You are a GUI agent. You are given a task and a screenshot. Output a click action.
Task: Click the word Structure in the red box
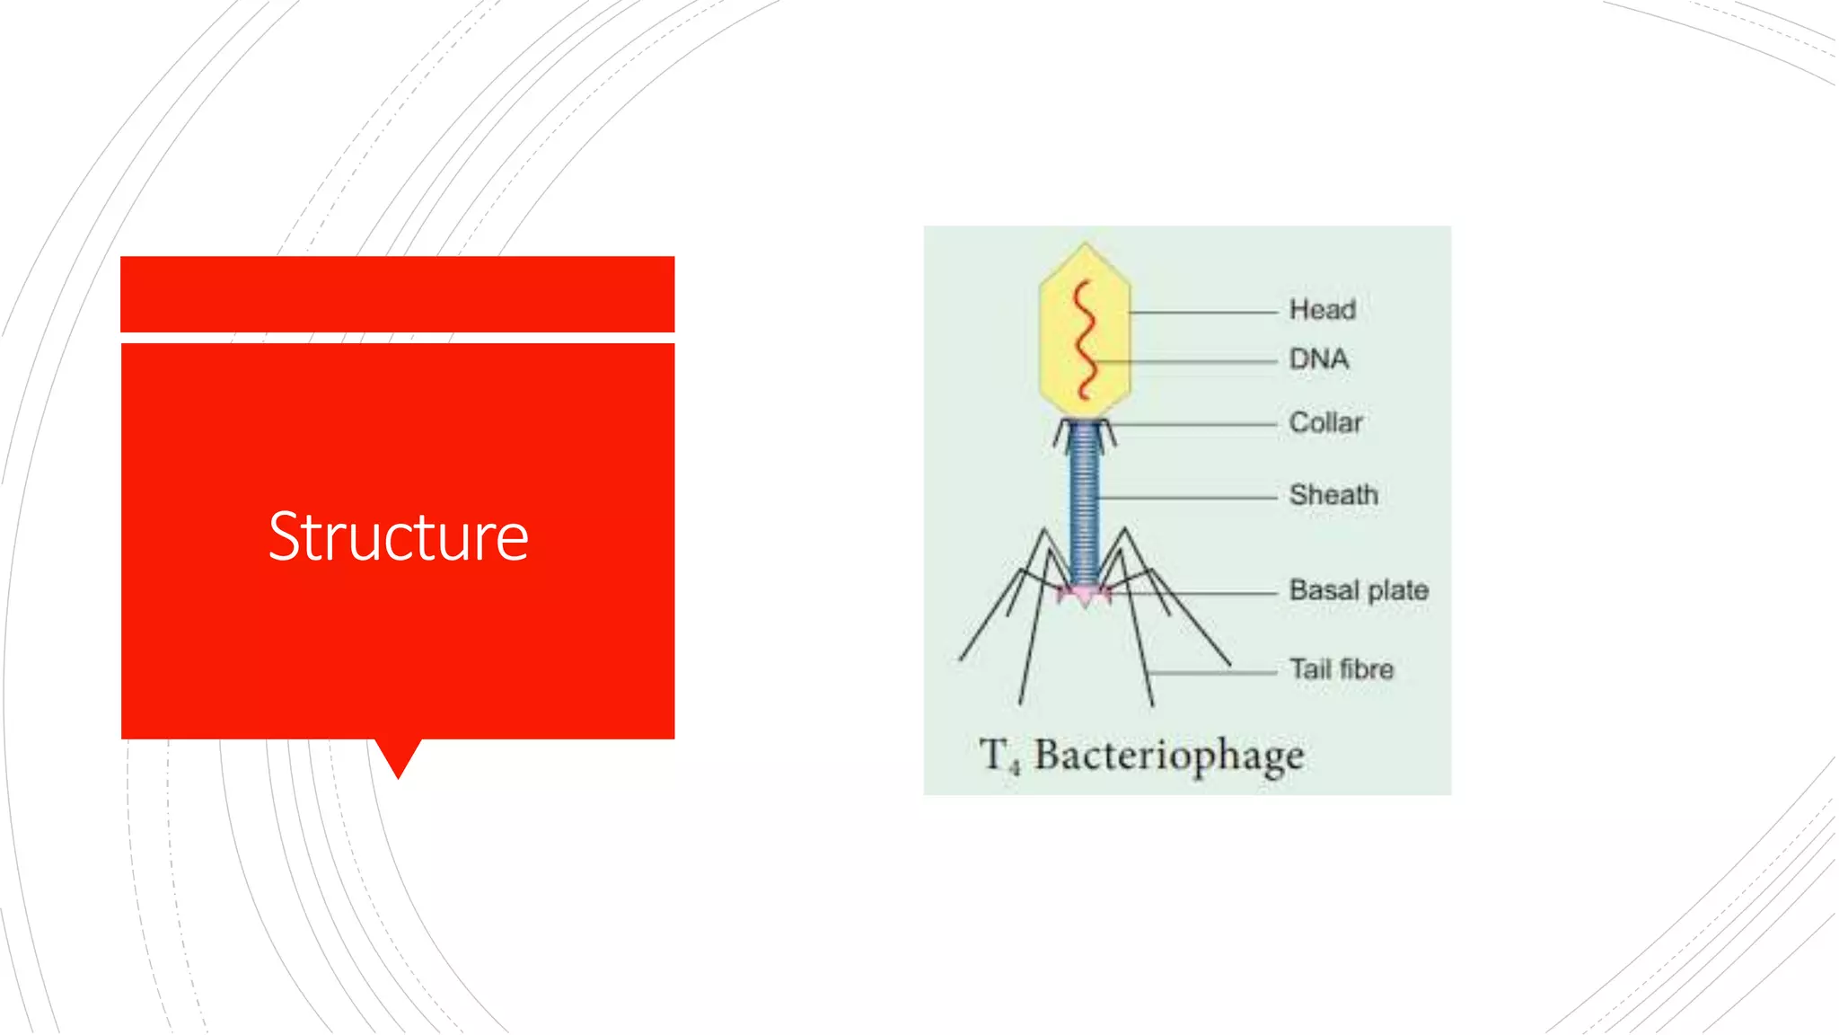tap(398, 536)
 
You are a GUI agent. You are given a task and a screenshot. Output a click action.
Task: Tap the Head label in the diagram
tap(1322, 310)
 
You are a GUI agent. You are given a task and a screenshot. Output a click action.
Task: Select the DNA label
tap(1318, 359)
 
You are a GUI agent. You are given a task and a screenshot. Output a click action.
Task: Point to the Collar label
tap(1325, 422)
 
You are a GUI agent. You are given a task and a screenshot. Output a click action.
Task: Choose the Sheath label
tap(1333, 495)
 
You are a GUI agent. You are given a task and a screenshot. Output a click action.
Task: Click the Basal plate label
tap(1359, 590)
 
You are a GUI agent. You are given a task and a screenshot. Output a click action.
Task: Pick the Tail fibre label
tap(1342, 669)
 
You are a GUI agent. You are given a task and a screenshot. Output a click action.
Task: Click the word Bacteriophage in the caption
tap(1168, 756)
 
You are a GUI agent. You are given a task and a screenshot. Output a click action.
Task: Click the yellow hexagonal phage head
tap(1110, 296)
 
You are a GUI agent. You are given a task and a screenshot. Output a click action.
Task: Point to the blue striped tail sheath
tap(1085, 503)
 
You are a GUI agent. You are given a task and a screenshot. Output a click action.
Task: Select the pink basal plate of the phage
tap(1085, 595)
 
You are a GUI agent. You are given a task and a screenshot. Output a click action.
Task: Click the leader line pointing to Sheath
tap(1185, 497)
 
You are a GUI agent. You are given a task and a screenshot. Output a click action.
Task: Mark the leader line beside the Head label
tap(1203, 313)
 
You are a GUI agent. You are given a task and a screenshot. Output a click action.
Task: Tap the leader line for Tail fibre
tap(1212, 672)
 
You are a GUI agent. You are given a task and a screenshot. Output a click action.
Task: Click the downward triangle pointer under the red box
tap(398, 755)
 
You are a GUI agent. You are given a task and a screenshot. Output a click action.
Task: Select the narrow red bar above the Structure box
tap(398, 294)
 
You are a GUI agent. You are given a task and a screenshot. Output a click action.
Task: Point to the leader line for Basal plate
tap(1194, 593)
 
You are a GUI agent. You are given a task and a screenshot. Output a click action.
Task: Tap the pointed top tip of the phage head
tap(1085, 245)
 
